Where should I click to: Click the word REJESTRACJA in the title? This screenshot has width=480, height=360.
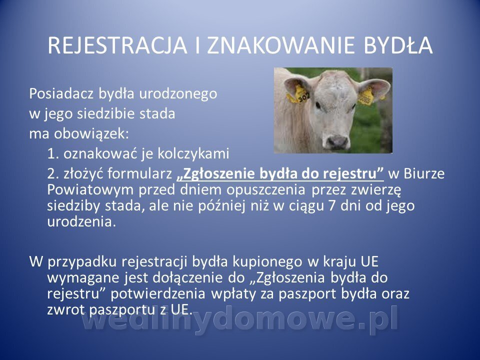coord(117,45)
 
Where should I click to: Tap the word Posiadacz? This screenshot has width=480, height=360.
coord(61,93)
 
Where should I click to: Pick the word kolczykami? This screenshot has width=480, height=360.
coord(193,153)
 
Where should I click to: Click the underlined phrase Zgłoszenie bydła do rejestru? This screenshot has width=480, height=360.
coord(280,173)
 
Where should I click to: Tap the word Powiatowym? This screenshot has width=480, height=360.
coord(90,190)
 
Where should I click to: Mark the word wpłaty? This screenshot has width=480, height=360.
coord(233,294)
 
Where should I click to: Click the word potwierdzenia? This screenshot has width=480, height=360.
coord(158,294)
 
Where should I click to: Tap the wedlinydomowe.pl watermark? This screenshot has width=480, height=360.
coord(240,318)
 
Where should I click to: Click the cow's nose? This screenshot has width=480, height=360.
coord(337,141)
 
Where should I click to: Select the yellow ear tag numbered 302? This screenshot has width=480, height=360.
coord(299,94)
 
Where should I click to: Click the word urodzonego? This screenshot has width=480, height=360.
coord(178,94)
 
